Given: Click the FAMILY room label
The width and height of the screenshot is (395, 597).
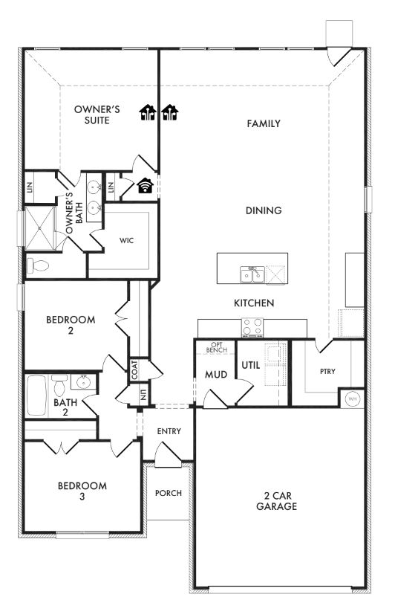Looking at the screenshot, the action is click(x=264, y=123).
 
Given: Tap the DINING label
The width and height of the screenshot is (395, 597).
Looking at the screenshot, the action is click(x=264, y=210).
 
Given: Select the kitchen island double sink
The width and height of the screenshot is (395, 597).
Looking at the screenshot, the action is click(x=252, y=274).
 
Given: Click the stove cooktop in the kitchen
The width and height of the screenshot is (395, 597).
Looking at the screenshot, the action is click(x=252, y=326).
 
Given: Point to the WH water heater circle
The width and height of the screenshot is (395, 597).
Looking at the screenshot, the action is click(x=352, y=399).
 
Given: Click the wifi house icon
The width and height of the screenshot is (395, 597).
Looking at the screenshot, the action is click(x=145, y=186).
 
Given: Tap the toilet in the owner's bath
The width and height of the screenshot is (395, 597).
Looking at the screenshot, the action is click(x=38, y=265).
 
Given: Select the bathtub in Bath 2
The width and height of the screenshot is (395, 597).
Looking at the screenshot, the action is click(x=36, y=396).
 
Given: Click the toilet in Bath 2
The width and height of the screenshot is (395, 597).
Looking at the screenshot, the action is click(x=59, y=385).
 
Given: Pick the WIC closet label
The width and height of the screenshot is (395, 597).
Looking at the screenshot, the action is click(x=126, y=241).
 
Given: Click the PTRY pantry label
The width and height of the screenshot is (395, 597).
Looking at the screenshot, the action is click(x=327, y=371).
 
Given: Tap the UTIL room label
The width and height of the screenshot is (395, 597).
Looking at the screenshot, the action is click(x=250, y=365).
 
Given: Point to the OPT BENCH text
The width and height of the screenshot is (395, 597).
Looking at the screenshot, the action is click(x=217, y=347).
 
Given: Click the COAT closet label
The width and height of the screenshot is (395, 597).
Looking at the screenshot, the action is click(x=135, y=370).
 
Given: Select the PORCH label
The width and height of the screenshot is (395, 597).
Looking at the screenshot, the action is click(x=169, y=493).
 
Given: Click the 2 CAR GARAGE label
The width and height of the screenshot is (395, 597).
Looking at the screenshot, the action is click(x=276, y=500).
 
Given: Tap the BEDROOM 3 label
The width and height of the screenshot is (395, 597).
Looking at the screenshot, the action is click(x=82, y=491).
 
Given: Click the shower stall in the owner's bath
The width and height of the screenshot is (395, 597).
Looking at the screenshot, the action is click(x=40, y=228).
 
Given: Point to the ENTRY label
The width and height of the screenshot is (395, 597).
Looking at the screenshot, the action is click(x=169, y=431).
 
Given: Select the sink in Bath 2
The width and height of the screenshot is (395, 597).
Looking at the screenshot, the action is click(x=82, y=382).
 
